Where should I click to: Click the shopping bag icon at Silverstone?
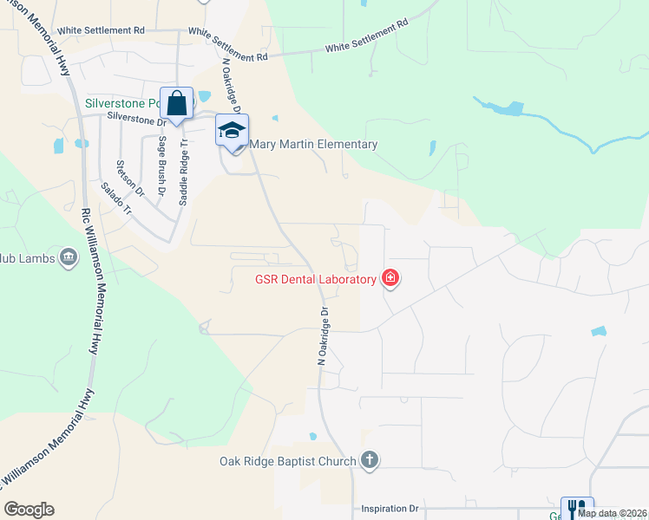(x=177, y=103)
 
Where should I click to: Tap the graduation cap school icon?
(x=232, y=131)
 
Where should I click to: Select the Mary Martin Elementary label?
(x=313, y=145)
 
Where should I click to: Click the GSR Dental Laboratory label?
(x=316, y=279)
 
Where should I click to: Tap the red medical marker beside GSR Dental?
(x=391, y=278)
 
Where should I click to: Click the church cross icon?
(x=370, y=460)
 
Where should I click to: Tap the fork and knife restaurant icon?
(x=576, y=509)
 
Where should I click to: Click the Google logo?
(x=29, y=510)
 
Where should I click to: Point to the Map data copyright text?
(x=612, y=513)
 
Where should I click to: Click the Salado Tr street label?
(x=115, y=198)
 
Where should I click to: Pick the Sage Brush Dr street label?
(x=161, y=165)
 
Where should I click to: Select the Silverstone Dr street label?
(x=136, y=118)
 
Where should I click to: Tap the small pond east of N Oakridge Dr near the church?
(x=312, y=436)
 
